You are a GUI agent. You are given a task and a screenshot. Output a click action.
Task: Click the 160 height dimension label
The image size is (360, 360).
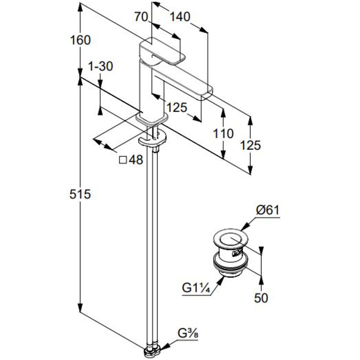(x=80, y=40)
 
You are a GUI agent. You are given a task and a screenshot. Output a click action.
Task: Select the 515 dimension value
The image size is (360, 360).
(x=80, y=194)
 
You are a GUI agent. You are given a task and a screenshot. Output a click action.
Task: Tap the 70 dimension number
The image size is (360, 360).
(x=141, y=17)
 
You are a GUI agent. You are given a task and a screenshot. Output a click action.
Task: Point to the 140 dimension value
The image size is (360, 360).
(x=180, y=17)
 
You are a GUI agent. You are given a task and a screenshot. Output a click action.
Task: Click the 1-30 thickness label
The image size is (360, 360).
(x=101, y=66)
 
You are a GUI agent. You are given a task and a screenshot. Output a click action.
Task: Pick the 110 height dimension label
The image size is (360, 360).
(x=223, y=134)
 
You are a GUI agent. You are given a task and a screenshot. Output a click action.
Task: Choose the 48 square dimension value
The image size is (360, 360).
(x=136, y=159)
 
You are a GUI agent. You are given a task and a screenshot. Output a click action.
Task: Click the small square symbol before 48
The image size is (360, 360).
(x=123, y=160)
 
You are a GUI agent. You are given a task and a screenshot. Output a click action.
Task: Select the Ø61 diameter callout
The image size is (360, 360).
(x=268, y=210)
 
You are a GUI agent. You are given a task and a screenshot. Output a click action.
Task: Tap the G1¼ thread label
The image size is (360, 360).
(x=196, y=288)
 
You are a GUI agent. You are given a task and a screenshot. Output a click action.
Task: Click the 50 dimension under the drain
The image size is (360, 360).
(x=261, y=298)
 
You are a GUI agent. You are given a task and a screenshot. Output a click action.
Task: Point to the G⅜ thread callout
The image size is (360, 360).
(x=188, y=334)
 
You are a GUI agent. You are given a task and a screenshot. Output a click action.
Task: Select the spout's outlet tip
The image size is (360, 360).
(x=207, y=91)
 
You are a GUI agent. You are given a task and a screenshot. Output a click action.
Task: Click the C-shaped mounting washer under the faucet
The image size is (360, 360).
(x=152, y=139)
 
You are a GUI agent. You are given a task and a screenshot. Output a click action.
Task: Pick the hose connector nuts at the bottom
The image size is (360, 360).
(x=152, y=352)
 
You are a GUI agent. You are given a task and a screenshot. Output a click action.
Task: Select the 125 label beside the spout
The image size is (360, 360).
(x=177, y=107)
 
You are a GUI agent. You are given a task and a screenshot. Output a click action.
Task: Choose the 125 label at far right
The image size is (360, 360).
(x=251, y=145)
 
